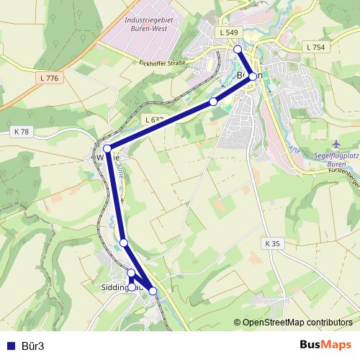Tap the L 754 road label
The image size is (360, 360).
[315, 47]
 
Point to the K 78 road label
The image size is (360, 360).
[22, 132]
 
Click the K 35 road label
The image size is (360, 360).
[271, 243]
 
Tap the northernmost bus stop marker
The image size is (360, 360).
[238, 49]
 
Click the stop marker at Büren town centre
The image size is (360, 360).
[253, 76]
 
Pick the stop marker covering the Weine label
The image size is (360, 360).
[107, 148]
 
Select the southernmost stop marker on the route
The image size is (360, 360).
[153, 291]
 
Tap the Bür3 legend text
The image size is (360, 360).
[32, 346]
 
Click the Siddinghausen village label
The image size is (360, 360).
[115, 287]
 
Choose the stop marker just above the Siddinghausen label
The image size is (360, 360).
[131, 273]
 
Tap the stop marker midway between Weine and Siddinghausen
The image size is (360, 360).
[124, 243]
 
